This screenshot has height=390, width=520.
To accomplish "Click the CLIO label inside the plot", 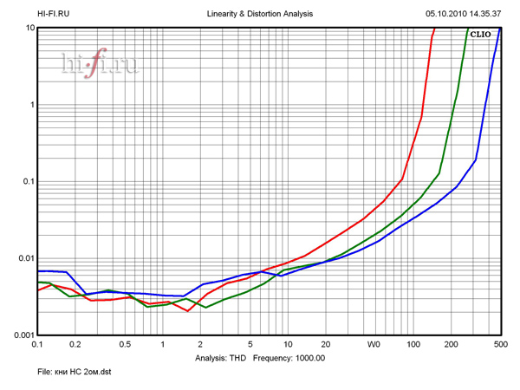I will tap(481, 34).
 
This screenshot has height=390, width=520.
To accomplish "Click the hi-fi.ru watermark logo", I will tap(100, 64).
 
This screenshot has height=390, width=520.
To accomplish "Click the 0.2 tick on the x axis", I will tap(75, 344).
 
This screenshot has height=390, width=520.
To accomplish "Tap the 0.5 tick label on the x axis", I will tap(125, 344).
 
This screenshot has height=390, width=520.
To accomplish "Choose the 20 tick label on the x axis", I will tap(325, 344).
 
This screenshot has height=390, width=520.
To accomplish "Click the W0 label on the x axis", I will tap(374, 344).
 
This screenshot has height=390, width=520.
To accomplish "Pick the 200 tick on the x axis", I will tap(451, 344).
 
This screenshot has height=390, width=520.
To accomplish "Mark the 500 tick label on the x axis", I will tap(500, 344).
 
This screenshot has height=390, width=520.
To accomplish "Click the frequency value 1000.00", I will tap(308, 357).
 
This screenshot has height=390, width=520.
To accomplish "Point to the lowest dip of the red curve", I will tap(187, 311).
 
